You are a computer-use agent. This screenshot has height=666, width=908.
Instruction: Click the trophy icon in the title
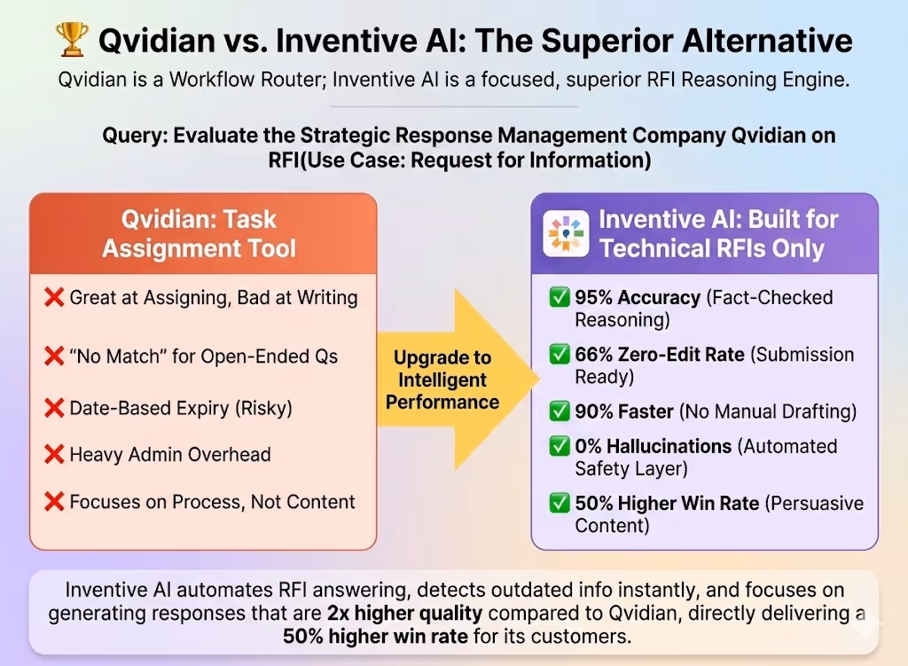pos(72,39)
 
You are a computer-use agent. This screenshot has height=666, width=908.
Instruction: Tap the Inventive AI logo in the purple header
pos(566,233)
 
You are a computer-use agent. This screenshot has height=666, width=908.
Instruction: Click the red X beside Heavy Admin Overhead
pos(54,455)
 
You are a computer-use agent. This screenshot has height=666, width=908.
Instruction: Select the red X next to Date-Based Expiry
pos(54,408)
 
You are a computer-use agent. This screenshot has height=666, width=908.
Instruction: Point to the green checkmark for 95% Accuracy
pos(560,297)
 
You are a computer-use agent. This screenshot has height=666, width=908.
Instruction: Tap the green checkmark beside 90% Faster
pos(560,411)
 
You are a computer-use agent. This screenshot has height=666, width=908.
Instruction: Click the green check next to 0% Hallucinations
pos(560,446)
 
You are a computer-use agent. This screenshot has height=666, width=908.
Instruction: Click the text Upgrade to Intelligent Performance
pos(442,380)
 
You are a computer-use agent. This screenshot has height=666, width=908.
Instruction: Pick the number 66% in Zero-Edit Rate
pos(594,354)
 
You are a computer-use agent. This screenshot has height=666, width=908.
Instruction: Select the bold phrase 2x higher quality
pos(404,613)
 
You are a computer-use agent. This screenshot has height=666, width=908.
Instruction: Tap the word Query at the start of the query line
pos(135,136)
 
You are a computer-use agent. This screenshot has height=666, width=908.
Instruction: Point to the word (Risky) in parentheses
pos(263,408)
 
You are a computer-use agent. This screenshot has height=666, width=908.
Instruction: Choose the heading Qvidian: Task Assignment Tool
pos(199,233)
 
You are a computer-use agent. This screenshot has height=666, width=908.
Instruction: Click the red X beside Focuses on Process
pos(54,502)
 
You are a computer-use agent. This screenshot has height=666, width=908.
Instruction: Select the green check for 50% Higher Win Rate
pos(560,503)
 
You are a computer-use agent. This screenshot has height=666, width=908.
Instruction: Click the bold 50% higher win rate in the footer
pos(375,636)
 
